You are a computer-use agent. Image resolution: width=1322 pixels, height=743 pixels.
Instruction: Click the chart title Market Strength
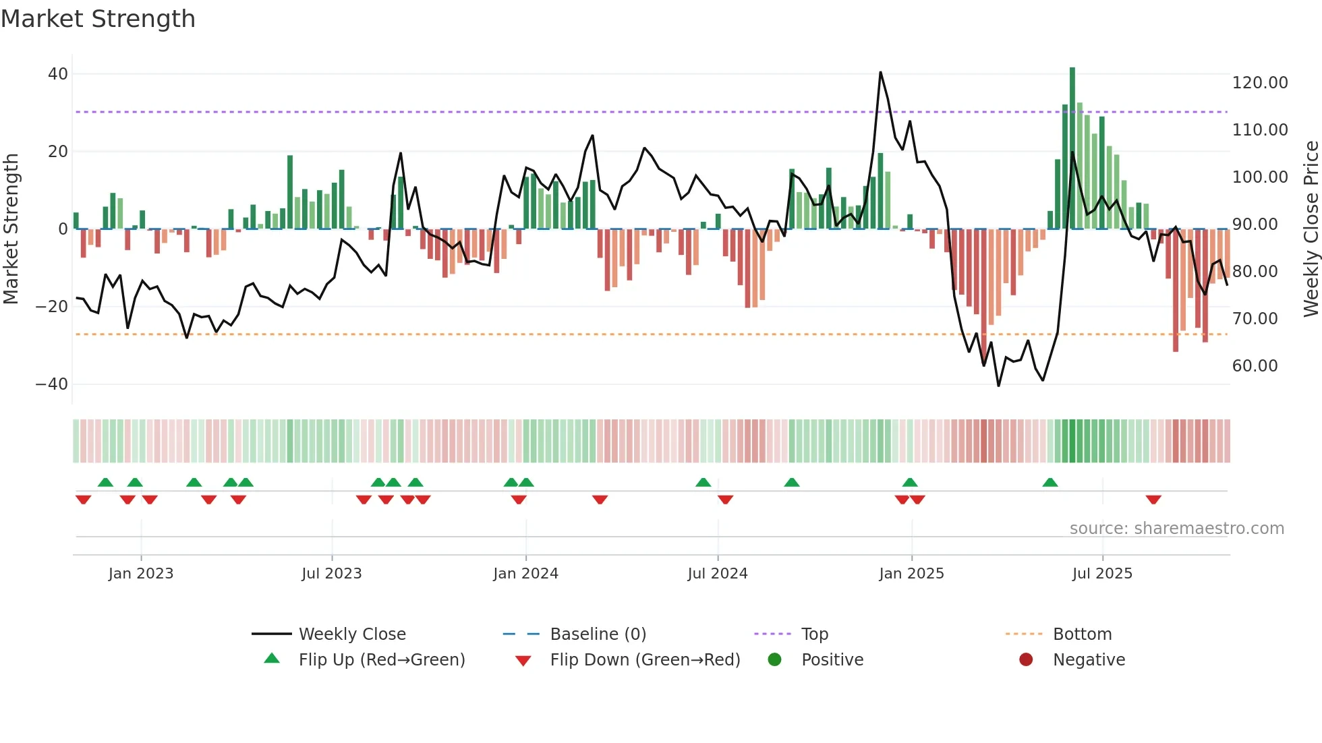[98, 19]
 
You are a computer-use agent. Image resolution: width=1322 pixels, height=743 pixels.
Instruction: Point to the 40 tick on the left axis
[58, 74]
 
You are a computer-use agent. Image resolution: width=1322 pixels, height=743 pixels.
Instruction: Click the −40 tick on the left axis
[52, 384]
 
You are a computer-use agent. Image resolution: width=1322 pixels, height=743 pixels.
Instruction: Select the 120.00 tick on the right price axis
[1259, 83]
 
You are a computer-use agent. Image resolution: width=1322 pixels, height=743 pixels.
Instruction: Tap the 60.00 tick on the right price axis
[1255, 366]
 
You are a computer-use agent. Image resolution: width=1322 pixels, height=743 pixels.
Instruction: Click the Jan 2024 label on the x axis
[525, 574]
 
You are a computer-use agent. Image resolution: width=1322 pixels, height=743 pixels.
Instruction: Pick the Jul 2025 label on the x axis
[1102, 574]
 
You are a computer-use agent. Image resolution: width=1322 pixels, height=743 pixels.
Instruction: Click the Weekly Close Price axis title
[1311, 229]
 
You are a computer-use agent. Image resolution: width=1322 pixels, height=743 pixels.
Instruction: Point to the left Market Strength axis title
[11, 229]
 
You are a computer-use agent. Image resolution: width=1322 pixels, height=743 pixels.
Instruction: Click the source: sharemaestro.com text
[1176, 529]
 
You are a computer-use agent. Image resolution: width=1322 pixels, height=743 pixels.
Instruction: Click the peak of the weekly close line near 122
[880, 73]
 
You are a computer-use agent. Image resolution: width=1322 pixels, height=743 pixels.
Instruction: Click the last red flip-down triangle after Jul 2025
[1153, 500]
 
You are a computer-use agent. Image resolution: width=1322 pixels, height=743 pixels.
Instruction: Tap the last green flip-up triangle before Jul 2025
[1050, 482]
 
